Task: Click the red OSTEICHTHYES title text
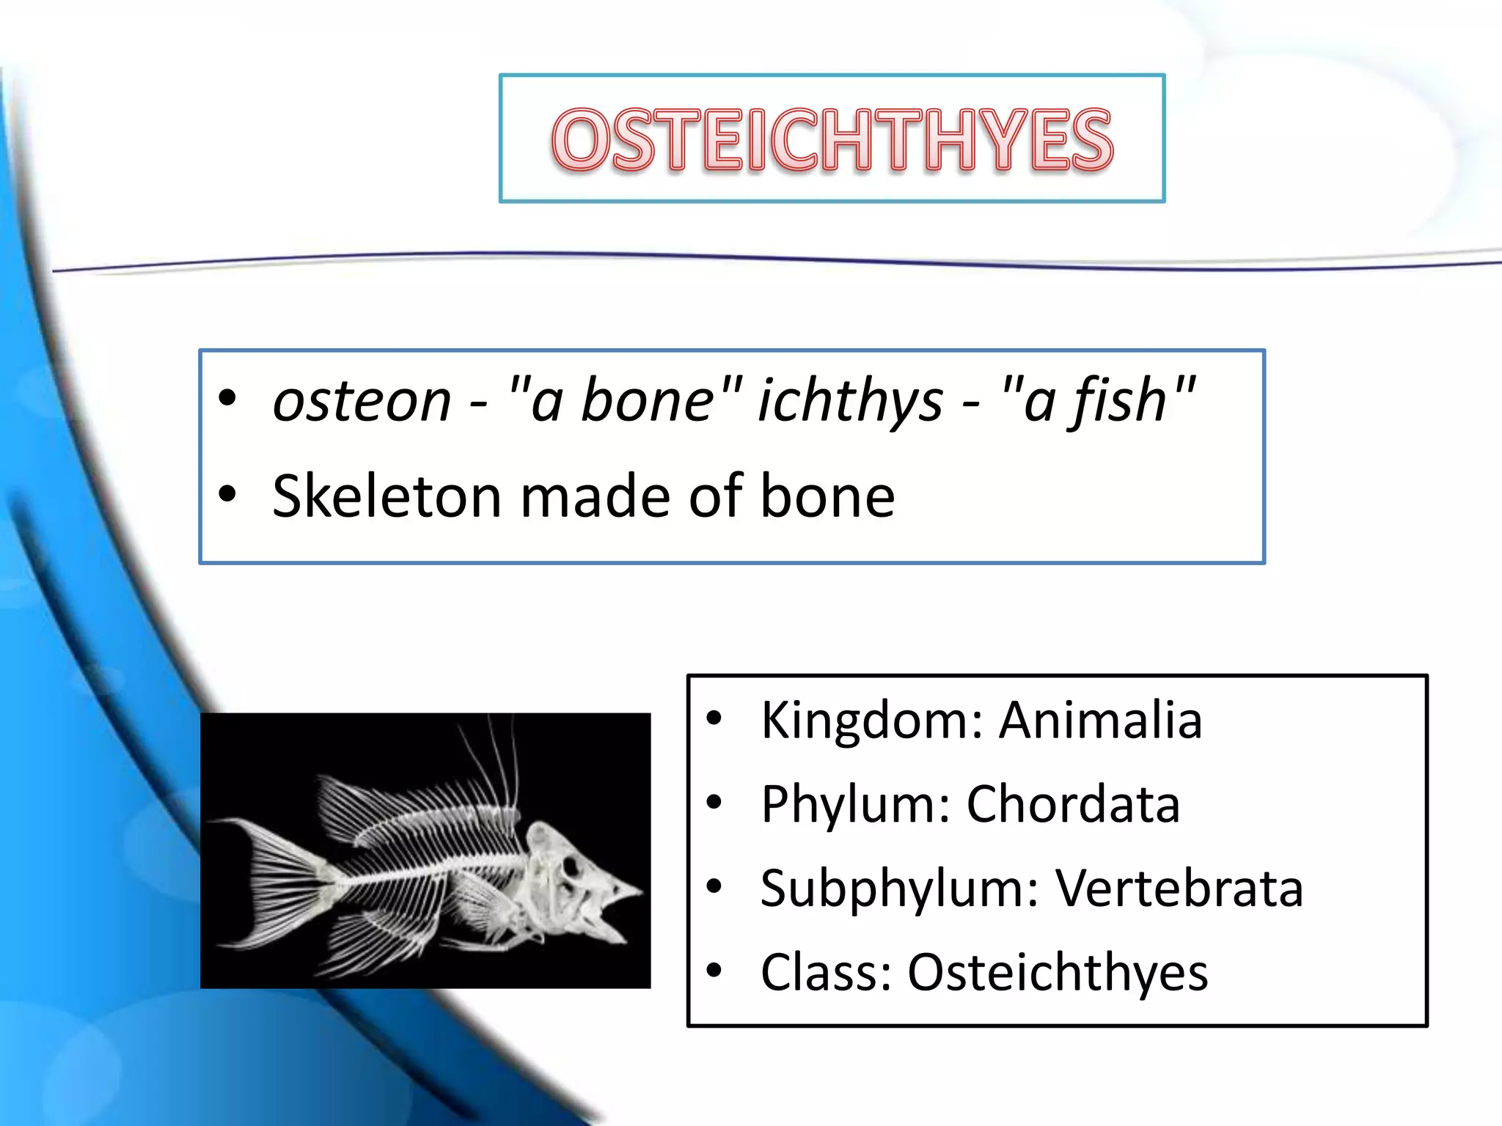(x=832, y=139)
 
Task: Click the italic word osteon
(x=362, y=402)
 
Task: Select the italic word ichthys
(x=850, y=402)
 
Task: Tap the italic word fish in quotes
(x=1119, y=402)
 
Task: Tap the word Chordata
(x=1073, y=804)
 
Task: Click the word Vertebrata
(x=1179, y=888)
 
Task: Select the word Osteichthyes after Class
(x=1058, y=973)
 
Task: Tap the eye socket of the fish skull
(x=570, y=868)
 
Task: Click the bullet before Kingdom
(x=714, y=720)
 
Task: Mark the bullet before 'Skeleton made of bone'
(x=227, y=494)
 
